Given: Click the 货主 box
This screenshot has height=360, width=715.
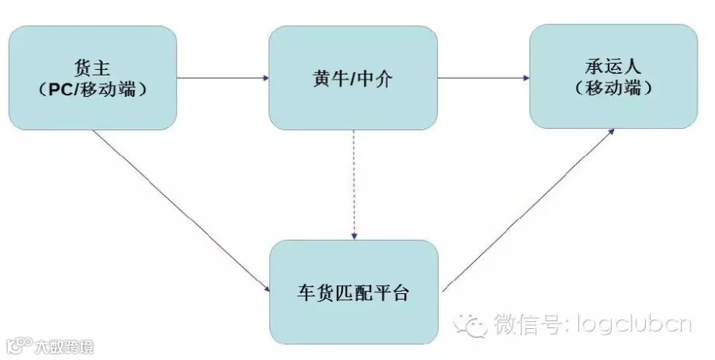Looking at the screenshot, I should pyautogui.click(x=92, y=77).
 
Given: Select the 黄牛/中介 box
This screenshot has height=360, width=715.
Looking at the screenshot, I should pyautogui.click(x=353, y=77).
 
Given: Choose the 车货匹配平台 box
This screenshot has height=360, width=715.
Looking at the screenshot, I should pyautogui.click(x=354, y=292).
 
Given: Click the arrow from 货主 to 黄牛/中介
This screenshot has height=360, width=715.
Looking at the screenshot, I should pyautogui.click(x=222, y=78).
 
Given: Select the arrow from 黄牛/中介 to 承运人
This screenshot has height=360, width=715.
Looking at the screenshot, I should pyautogui.click(x=483, y=78).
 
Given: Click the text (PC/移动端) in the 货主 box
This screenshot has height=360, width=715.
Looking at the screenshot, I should pyautogui.click(x=94, y=89).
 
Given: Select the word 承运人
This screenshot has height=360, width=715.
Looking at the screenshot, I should pyautogui.click(x=614, y=64).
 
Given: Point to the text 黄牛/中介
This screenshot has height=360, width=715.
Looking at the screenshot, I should pyautogui.click(x=353, y=78).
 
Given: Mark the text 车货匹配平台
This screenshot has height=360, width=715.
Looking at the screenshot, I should pyautogui.click(x=353, y=292).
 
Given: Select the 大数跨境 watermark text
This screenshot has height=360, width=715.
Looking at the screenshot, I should pyautogui.click(x=64, y=346).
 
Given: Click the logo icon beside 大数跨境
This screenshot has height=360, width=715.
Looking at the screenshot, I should pyautogui.click(x=19, y=346).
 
